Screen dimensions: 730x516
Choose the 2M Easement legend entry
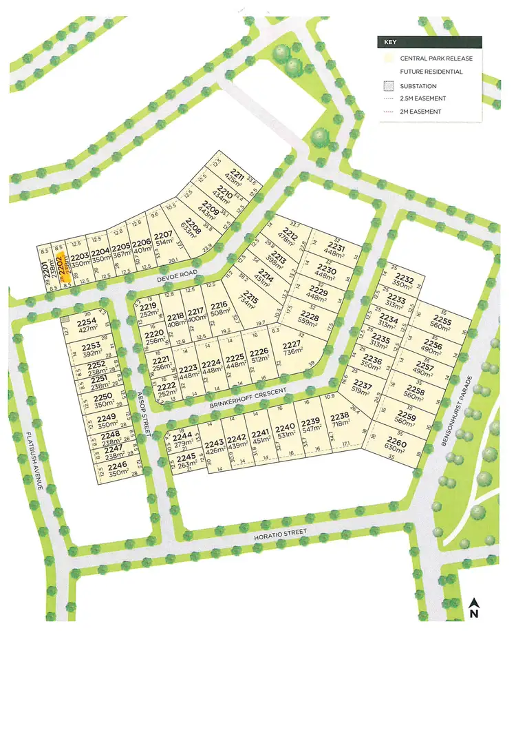coord(420,112)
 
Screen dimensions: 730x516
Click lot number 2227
coord(292,344)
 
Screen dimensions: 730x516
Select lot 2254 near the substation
coord(87,322)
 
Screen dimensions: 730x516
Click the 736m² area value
coord(292,352)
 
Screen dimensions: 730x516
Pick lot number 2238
coord(341,418)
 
